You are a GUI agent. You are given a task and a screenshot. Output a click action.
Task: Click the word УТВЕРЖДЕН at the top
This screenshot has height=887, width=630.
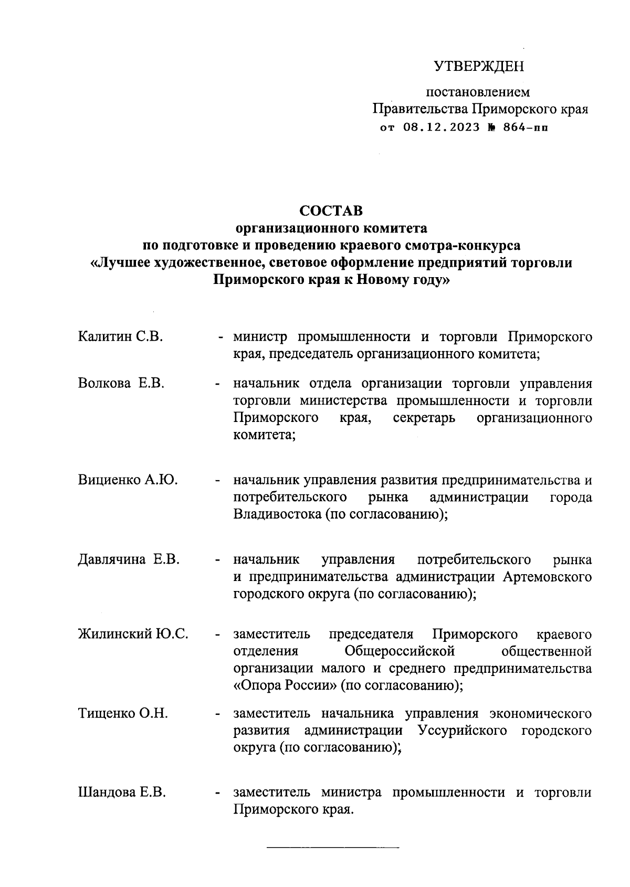(479, 67)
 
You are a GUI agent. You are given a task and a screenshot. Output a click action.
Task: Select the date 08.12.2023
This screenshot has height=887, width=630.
(442, 127)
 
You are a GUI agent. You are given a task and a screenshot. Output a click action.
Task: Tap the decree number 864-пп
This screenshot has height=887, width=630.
(525, 127)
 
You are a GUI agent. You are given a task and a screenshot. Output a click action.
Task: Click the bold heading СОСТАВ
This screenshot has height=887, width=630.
(331, 210)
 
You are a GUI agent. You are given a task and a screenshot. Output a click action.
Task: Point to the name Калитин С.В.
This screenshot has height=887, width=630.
(120, 336)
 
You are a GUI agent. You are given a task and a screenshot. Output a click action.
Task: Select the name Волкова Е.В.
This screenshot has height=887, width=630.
(121, 383)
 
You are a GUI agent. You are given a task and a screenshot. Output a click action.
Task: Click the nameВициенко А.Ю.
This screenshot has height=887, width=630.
(128, 480)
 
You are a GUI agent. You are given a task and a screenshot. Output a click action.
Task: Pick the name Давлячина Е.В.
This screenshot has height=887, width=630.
(129, 559)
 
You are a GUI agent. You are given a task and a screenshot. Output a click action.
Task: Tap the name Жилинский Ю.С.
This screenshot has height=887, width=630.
(133, 634)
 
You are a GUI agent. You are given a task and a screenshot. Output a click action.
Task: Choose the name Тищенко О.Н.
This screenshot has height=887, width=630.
(123, 713)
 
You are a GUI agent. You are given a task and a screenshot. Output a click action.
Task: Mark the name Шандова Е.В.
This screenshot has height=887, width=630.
(122, 793)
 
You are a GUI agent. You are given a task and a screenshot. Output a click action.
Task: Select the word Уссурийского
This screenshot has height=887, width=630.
(462, 731)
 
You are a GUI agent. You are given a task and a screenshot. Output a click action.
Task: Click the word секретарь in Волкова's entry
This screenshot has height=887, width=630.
(424, 418)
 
